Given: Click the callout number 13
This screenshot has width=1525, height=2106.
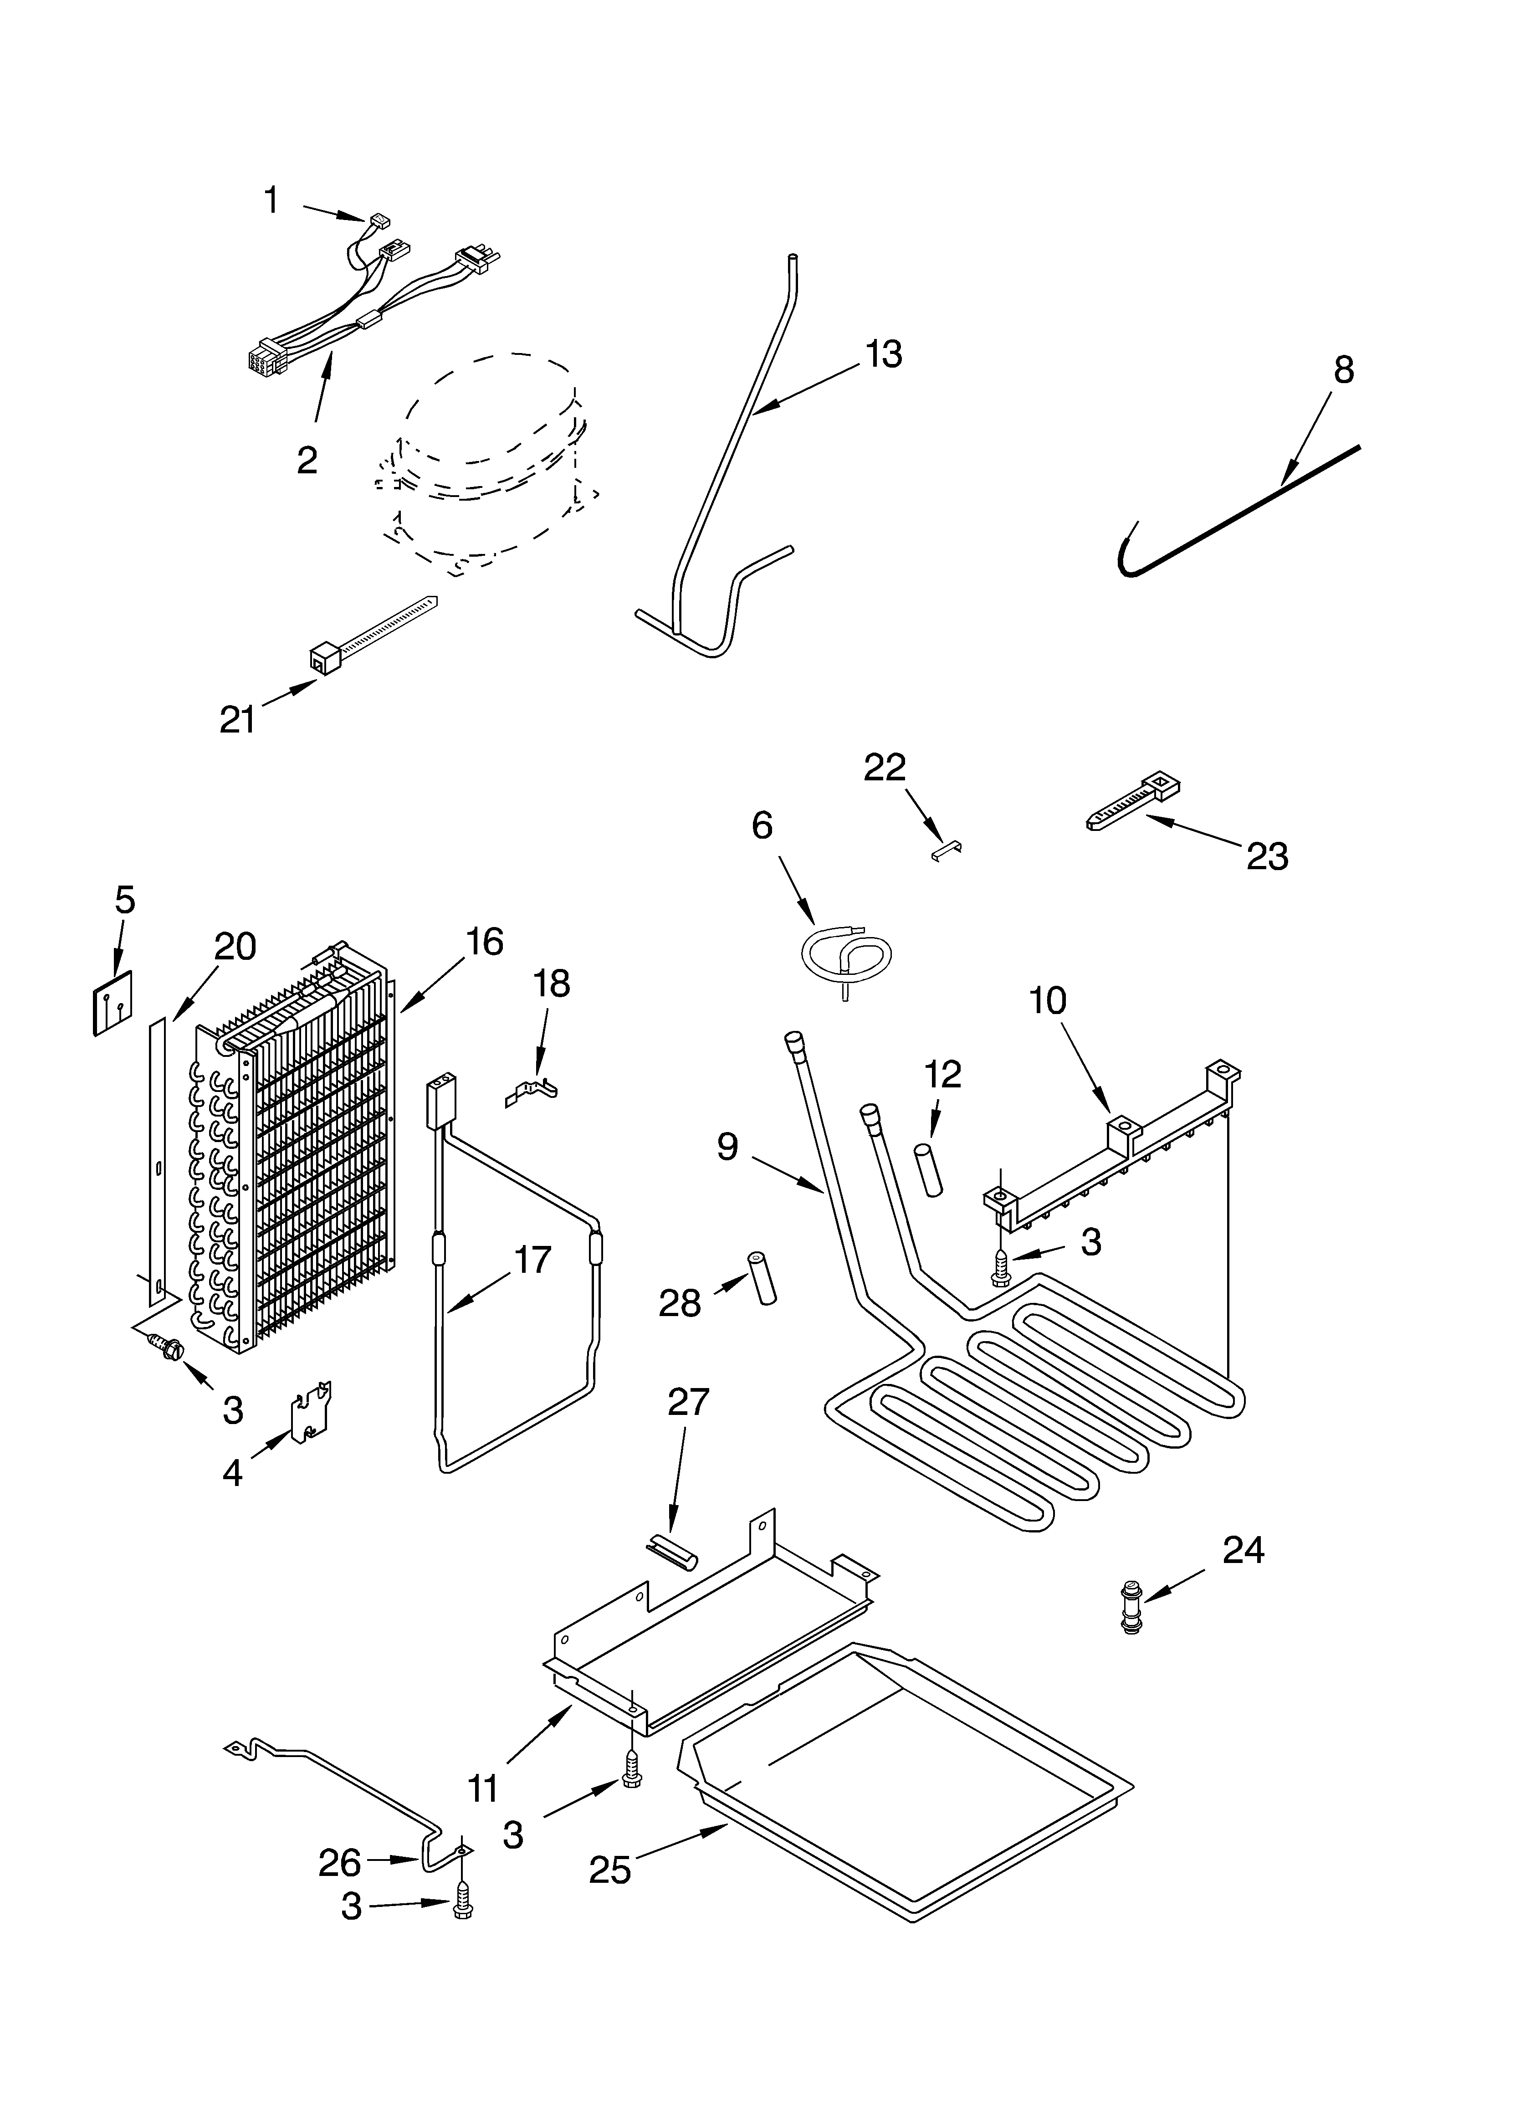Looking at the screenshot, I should (x=883, y=354).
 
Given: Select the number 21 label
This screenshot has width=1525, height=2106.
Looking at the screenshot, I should (x=238, y=720).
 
